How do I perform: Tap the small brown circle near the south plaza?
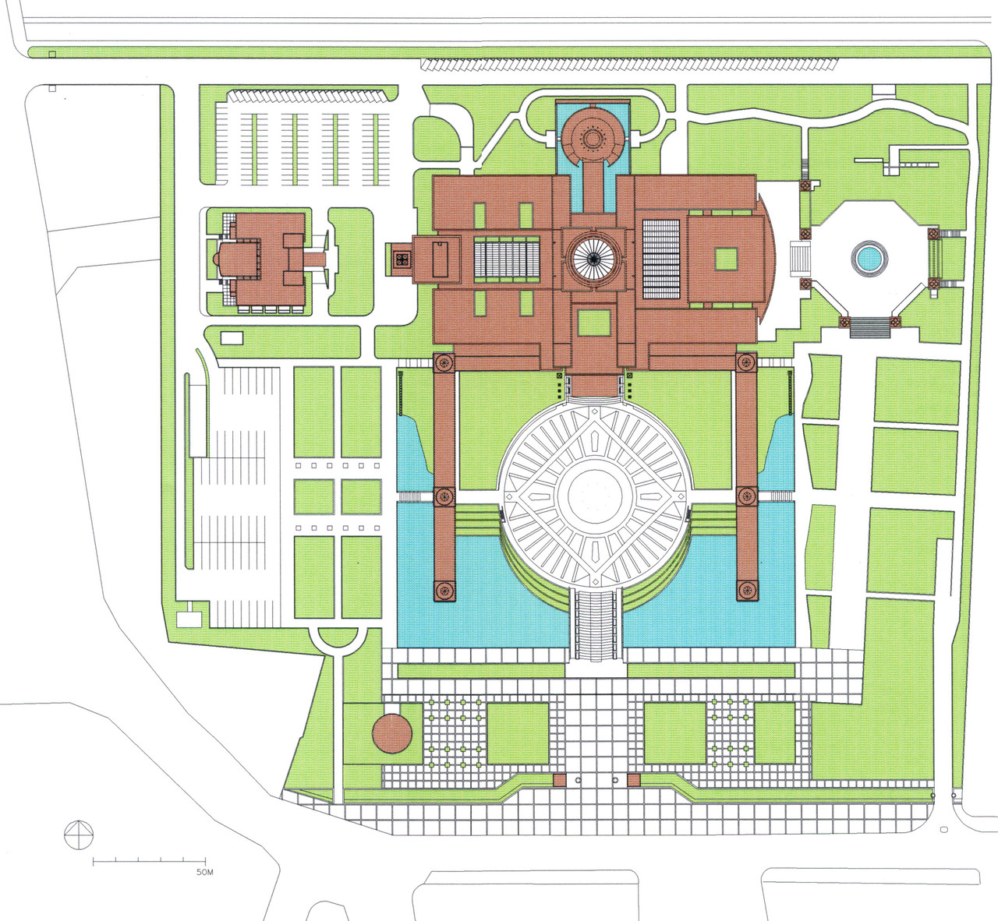pos(392,733)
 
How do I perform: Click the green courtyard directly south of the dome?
pos(593,323)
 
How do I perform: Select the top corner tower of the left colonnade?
pos(444,362)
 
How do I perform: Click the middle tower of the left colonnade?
pos(444,496)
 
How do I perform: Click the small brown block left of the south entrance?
pos(560,780)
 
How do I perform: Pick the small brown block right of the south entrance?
pos(634,780)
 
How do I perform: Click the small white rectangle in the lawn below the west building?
pos(232,337)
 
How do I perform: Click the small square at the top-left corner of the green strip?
pos(52,54)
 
